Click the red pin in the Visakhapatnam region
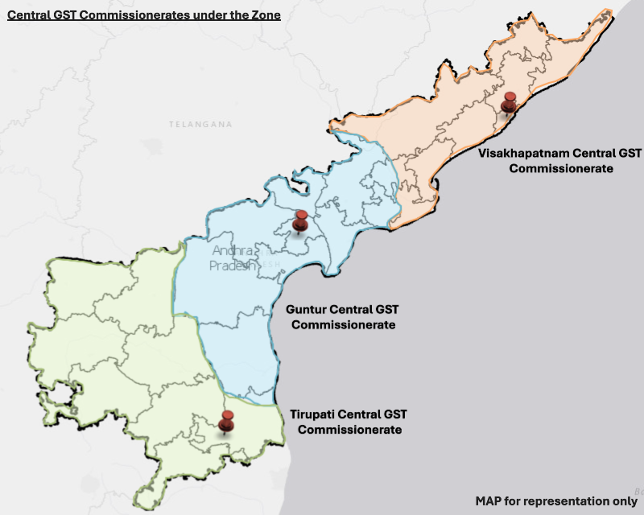(509, 102)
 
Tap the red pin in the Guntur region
(301, 219)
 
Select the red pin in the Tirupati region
(227, 421)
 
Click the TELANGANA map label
(200, 125)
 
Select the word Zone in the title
(264, 14)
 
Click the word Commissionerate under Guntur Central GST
(343, 325)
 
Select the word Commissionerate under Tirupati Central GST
(350, 430)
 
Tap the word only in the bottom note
(624, 501)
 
